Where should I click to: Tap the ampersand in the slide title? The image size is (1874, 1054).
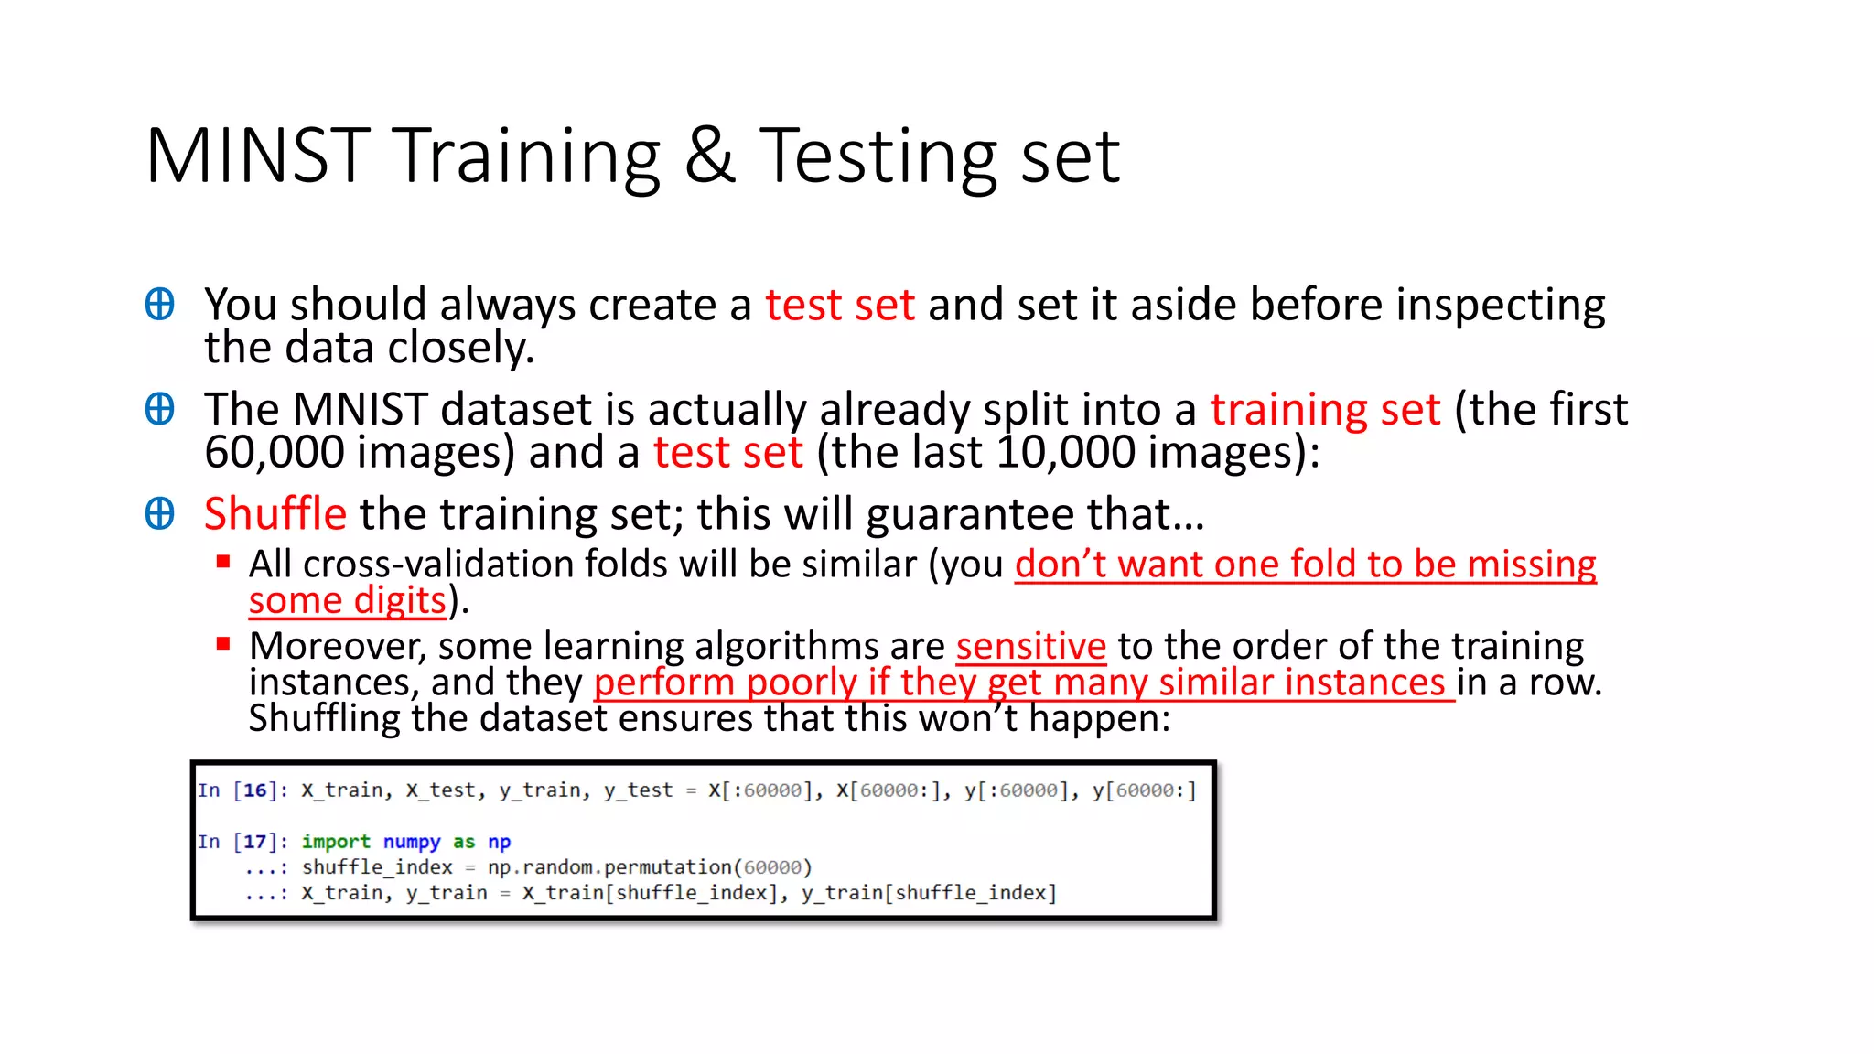tap(709, 156)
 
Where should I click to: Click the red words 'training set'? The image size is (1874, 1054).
tap(1325, 409)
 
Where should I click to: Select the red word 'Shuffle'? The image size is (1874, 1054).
tap(275, 513)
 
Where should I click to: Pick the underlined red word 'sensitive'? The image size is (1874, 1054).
tap(1031, 646)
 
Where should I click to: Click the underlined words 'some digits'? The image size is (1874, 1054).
tap(348, 601)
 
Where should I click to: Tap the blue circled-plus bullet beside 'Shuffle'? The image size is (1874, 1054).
tap(160, 513)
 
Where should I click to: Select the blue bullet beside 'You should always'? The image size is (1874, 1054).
tap(160, 304)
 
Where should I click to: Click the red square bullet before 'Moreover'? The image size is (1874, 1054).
tap(223, 644)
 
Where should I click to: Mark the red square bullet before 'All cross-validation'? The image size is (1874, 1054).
tap(223, 562)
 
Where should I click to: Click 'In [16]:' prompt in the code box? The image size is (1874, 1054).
tap(242, 790)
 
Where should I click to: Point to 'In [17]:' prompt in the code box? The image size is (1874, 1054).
tap(242, 842)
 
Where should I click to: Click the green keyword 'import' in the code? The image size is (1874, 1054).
tap(336, 842)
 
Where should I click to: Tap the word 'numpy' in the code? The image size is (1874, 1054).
tap(412, 842)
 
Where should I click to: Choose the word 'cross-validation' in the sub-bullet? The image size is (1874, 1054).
tap(476, 565)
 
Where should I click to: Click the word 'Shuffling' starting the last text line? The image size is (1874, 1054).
tap(324, 719)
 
